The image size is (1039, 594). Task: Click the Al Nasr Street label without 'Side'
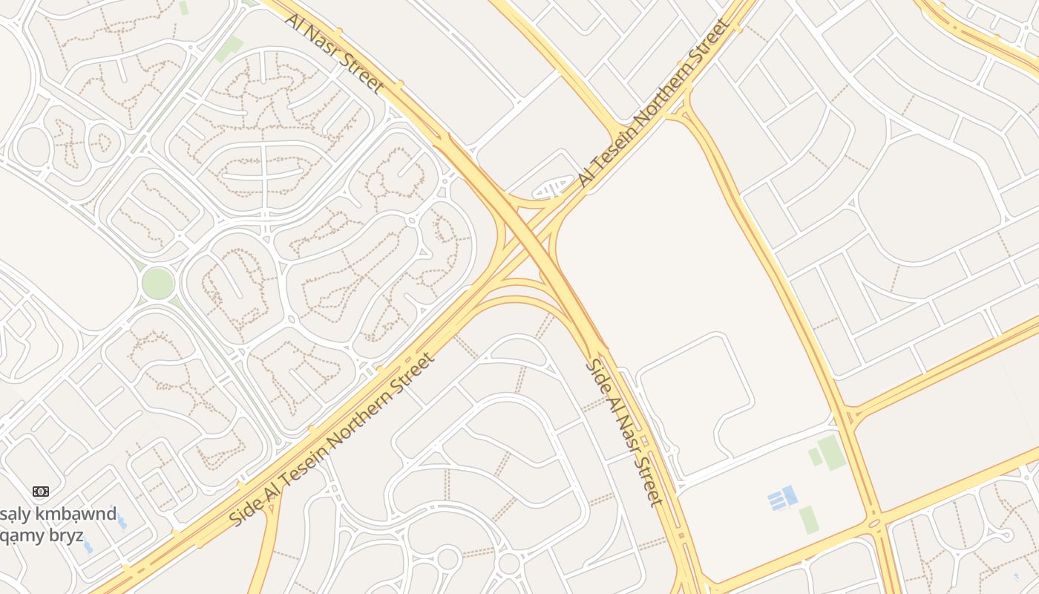[334, 52]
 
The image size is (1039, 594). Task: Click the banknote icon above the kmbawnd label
[41, 492]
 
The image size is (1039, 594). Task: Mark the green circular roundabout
[158, 283]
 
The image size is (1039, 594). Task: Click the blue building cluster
[783, 497]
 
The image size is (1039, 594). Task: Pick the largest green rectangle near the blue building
[832, 452]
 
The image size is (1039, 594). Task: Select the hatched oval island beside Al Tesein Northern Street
[553, 189]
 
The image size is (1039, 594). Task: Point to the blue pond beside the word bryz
[88, 546]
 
